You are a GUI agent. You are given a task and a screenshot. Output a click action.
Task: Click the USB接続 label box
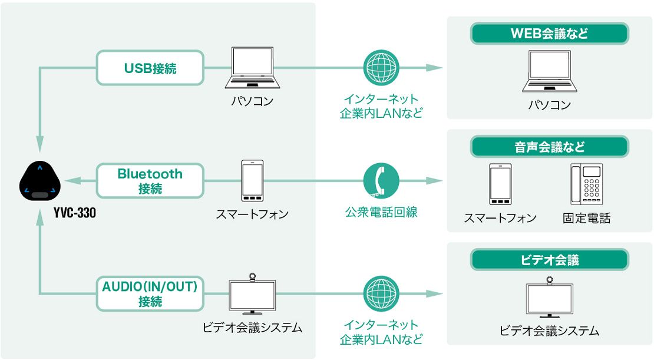pos(150,67)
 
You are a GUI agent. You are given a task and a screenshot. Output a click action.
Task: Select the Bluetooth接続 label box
pos(150,181)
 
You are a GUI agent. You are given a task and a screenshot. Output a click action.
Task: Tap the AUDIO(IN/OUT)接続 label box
pos(150,293)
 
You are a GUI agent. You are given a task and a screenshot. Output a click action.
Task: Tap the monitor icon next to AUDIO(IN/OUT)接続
pos(252,294)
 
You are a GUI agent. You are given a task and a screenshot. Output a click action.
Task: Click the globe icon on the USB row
pos(381,68)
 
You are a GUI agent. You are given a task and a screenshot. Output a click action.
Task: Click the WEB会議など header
pos(549,34)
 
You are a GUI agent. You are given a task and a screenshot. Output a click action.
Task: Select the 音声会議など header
pos(549,147)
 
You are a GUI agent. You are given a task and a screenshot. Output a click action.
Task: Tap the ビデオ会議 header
pos(549,260)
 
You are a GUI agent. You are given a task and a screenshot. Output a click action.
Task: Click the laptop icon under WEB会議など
pos(549,72)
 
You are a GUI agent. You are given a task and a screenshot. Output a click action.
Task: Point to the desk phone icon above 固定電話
pos(586,184)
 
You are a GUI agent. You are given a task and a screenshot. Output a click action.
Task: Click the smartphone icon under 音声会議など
pos(500,184)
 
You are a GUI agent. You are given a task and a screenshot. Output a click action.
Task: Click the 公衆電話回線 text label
pos(381,213)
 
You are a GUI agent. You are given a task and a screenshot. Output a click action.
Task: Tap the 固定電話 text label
pos(586,218)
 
